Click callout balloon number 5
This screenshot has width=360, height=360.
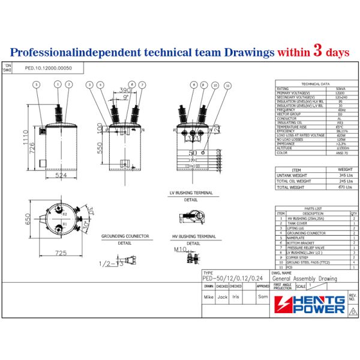tap(37, 85)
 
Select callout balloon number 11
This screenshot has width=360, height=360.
tap(227, 86)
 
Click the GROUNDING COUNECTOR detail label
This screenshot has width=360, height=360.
tap(125, 236)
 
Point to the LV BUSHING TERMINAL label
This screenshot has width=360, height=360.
tap(191, 193)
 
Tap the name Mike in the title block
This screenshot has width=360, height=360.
tap(208, 296)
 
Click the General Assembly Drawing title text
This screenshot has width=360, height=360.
tap(304, 278)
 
